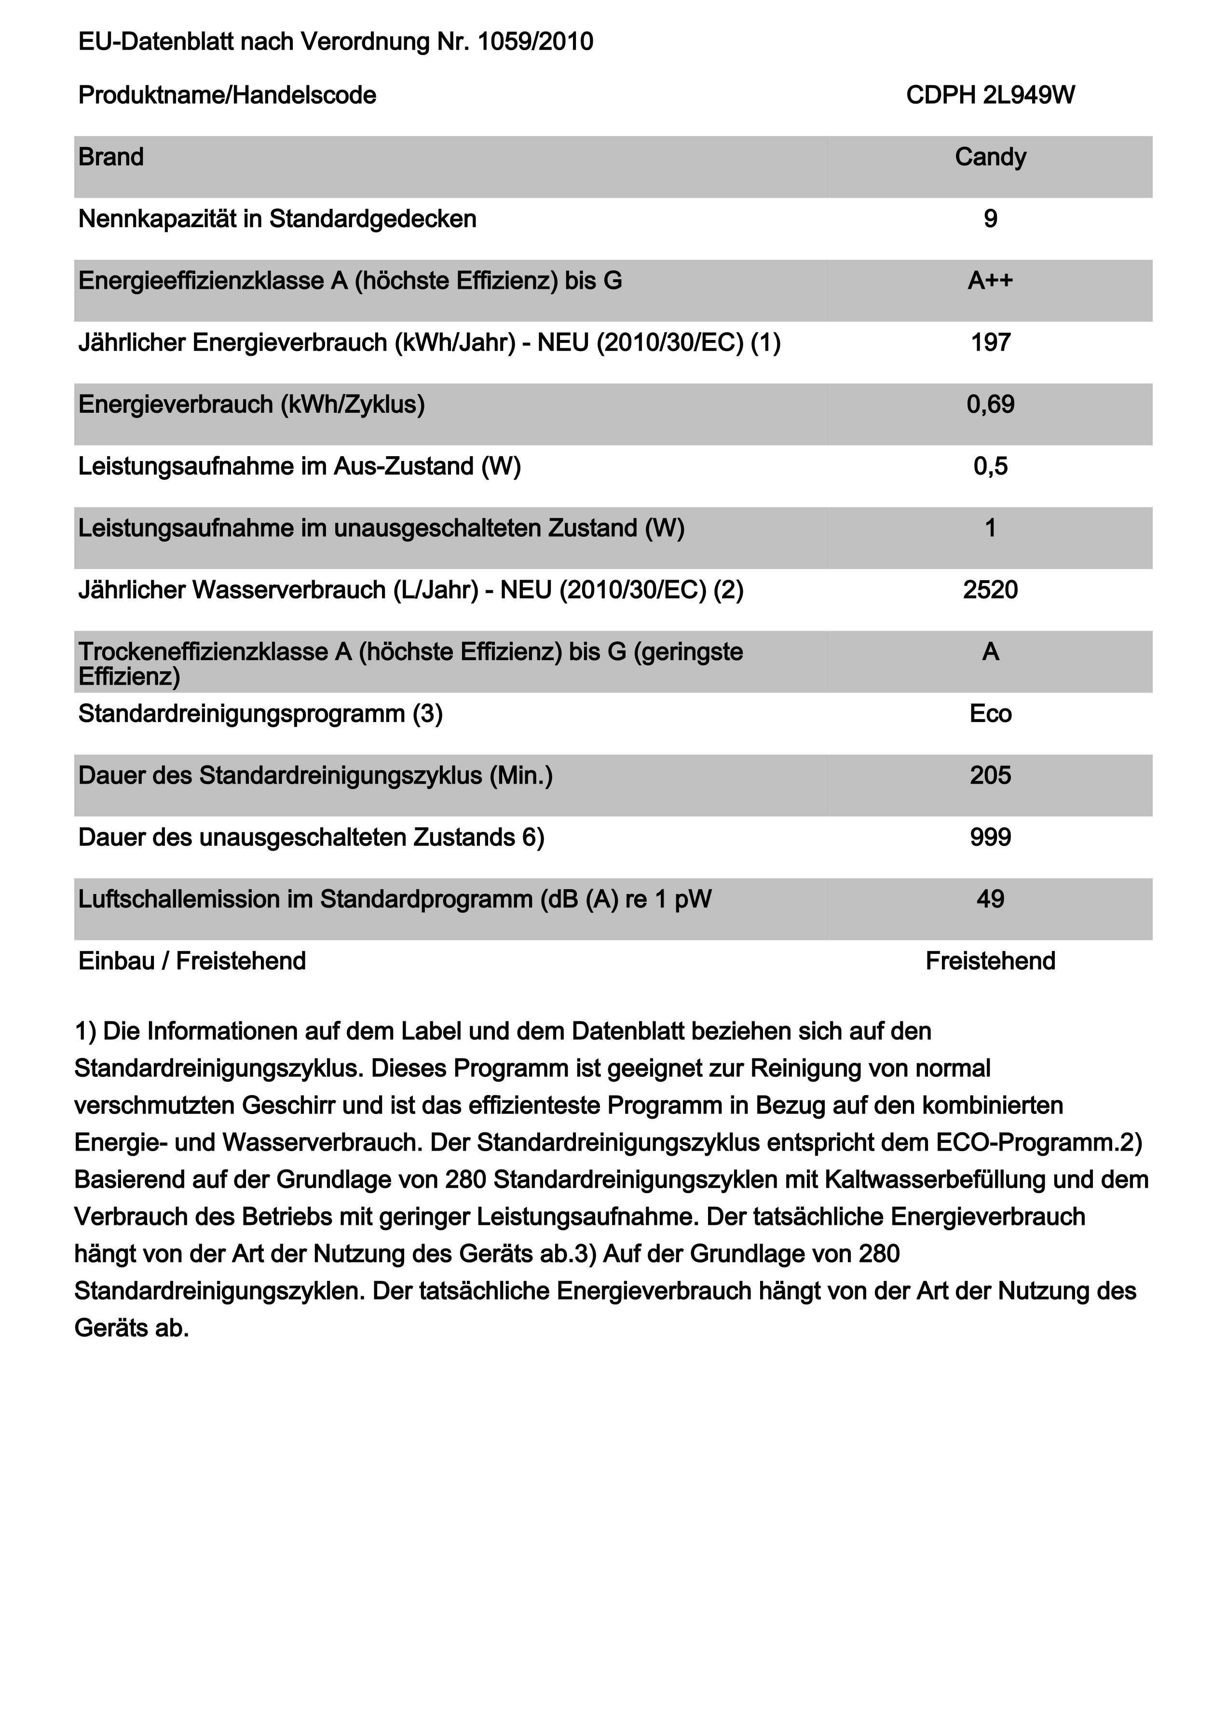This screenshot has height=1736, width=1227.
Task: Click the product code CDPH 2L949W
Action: [990, 95]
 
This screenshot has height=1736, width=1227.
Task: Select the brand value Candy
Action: [990, 157]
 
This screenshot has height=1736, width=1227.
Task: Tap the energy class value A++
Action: [990, 281]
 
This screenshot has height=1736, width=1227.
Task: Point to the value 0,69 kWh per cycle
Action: [990, 405]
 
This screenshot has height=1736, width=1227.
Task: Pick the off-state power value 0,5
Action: [990, 466]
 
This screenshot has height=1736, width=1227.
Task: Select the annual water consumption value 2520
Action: [990, 590]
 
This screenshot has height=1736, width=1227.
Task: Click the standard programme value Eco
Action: [990, 714]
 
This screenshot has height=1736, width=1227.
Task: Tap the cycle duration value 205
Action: [990, 776]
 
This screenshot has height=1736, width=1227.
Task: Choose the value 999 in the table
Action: [990, 838]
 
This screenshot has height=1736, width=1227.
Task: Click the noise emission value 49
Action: [990, 900]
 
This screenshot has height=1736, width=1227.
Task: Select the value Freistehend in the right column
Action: [990, 961]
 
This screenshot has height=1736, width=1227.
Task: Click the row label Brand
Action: [111, 157]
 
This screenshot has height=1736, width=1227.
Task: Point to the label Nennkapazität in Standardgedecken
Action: [277, 219]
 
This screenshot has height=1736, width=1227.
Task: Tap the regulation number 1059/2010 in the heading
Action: [535, 41]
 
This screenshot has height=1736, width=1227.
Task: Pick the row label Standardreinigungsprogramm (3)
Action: [260, 714]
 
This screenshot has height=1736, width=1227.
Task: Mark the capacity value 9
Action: [990, 219]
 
